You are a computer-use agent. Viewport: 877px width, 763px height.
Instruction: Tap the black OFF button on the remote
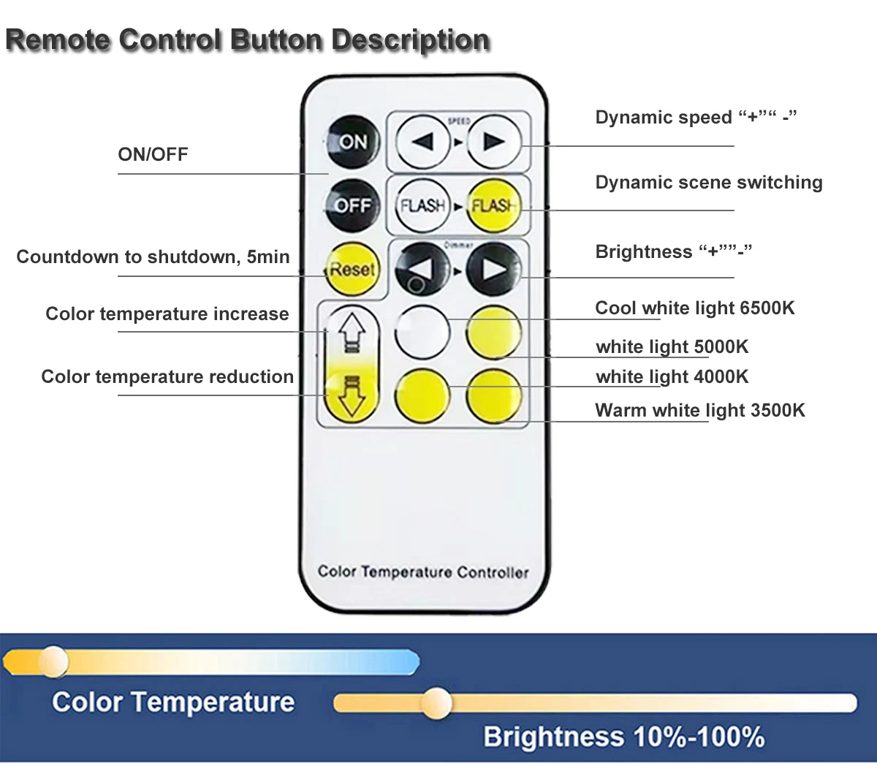(352, 205)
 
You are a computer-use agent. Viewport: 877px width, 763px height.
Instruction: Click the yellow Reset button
(352, 269)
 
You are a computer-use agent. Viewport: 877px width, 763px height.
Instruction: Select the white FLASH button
(422, 205)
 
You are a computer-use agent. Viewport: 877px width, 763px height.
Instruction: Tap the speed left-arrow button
(422, 141)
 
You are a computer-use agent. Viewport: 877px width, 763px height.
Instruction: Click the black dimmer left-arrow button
(422, 269)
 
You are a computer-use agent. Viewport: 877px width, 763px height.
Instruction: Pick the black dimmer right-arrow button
(493, 269)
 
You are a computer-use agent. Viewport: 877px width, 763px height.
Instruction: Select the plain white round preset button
(422, 331)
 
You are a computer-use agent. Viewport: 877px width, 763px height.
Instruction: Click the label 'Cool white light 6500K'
(694, 308)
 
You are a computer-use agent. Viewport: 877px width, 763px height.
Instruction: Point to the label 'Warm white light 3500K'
(699, 410)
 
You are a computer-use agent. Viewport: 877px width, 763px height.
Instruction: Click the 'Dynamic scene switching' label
(708, 182)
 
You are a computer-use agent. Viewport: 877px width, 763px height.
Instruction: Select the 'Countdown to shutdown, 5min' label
(153, 257)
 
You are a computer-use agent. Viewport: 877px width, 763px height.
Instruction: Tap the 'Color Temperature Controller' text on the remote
(422, 572)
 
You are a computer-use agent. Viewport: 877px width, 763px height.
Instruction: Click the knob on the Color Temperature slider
(53, 661)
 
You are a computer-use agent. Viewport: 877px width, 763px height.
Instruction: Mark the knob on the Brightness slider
(436, 702)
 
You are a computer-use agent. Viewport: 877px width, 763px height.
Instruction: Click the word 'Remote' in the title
(58, 39)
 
